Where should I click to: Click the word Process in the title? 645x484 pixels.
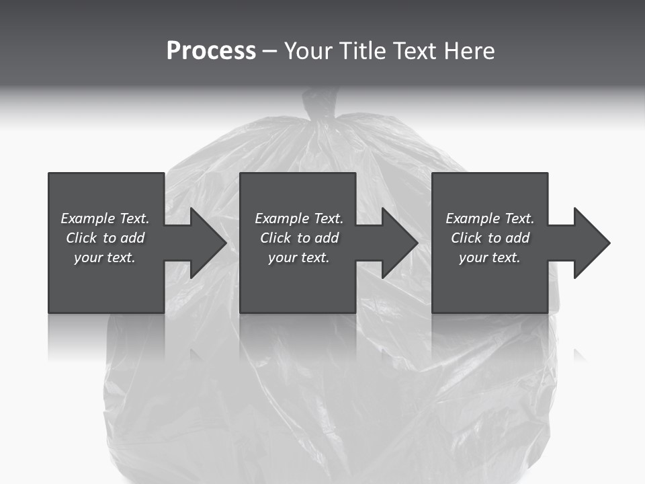(211, 51)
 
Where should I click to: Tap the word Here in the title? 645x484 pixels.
(468, 51)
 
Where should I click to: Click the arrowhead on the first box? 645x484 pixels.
(206, 243)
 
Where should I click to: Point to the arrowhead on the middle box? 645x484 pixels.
(398, 243)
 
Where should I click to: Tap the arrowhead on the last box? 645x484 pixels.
(590, 243)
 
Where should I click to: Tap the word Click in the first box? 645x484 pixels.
(81, 238)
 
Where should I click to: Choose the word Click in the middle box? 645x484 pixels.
(275, 238)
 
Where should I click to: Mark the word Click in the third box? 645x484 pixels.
(466, 238)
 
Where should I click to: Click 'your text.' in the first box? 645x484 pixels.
(104, 257)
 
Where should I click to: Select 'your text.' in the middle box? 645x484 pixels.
(298, 257)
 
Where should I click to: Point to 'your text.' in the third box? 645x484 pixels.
(489, 257)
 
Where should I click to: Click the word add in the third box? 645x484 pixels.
(518, 238)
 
